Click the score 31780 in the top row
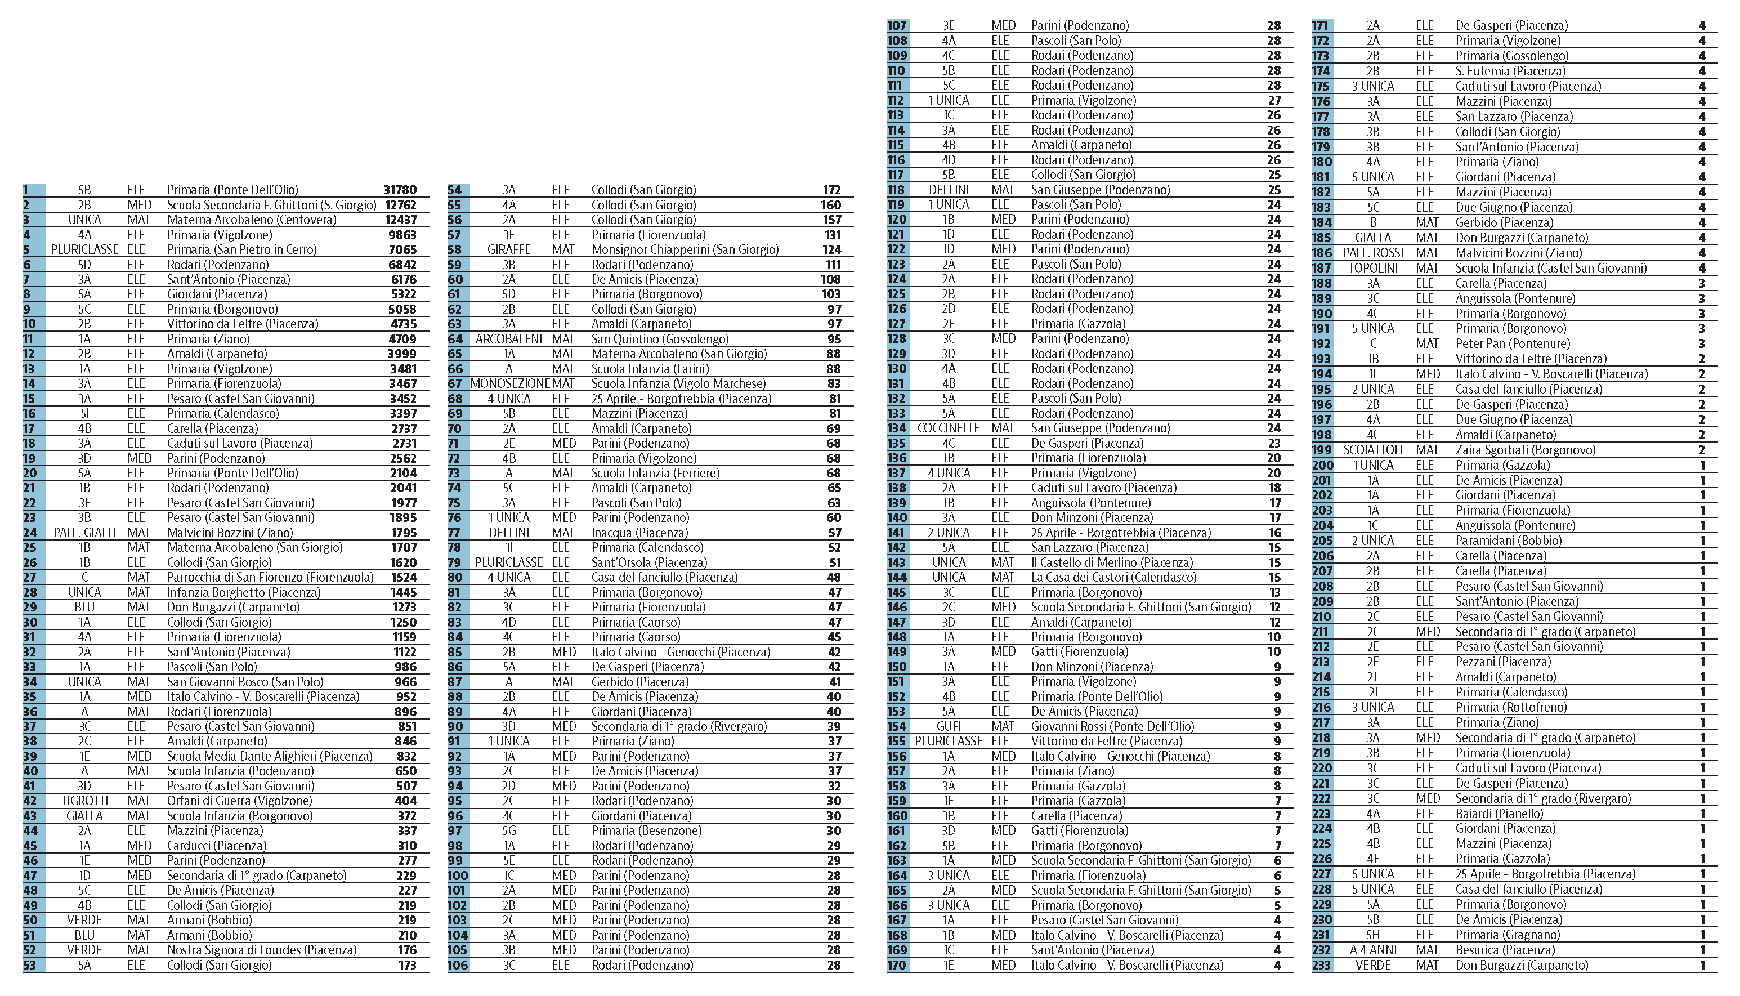[x=400, y=190]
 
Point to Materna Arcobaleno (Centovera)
[x=252, y=220]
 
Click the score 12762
[x=400, y=205]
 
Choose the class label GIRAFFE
[x=509, y=249]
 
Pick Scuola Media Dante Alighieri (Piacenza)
[x=270, y=757]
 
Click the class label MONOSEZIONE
[x=509, y=384]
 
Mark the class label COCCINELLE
[x=948, y=428]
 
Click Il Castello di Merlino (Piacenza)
[x=1111, y=562]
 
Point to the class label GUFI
[x=949, y=726]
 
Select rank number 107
[x=897, y=26]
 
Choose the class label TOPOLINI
[x=1373, y=268]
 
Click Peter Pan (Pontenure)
[x=1512, y=344]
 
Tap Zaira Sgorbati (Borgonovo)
[x=1525, y=450]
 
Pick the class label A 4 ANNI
[x=1373, y=950]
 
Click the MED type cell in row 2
[x=140, y=205]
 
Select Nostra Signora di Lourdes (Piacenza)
[x=262, y=950]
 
